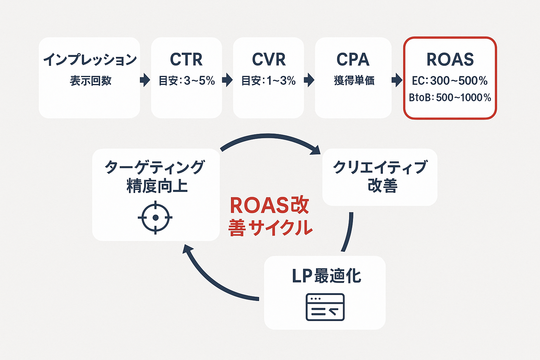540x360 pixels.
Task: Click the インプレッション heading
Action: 90,59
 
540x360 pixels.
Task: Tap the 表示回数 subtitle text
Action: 90,81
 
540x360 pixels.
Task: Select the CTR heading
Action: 186,59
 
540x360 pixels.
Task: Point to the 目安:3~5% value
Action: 187,81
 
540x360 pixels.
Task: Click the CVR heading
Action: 269,59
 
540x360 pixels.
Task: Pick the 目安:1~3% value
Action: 269,81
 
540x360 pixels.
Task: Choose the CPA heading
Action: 353,59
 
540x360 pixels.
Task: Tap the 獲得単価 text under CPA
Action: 354,81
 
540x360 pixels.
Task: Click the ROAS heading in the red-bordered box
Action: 450,59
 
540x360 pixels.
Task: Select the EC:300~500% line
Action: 450,81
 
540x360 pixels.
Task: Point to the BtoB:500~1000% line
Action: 450,97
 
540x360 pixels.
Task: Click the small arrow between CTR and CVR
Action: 227,80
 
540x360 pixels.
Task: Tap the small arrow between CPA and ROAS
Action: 397,80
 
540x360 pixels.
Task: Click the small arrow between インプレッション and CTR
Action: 145,80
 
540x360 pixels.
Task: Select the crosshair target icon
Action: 155,218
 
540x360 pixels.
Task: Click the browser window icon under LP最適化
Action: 325,307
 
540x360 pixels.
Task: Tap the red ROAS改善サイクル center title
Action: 270,216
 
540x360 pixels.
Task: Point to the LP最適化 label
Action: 326,276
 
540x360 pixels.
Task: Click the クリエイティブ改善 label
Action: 380,176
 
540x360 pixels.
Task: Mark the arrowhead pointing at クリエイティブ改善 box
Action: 315,149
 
